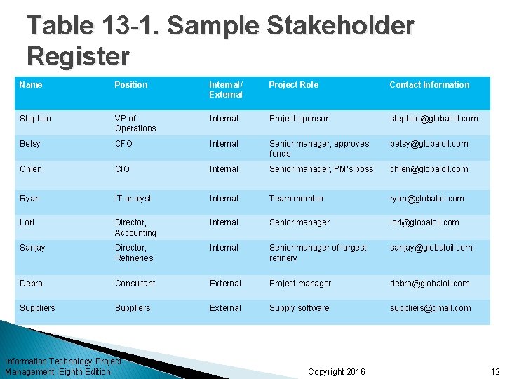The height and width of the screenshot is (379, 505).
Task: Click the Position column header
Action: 131,85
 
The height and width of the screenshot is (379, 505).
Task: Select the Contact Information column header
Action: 429,85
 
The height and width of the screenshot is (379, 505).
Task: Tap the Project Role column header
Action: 293,85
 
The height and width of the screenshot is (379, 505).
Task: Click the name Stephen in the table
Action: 35,119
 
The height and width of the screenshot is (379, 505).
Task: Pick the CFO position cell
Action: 124,144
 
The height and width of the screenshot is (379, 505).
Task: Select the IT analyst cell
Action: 133,199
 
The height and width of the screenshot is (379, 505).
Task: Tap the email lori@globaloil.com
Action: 424,222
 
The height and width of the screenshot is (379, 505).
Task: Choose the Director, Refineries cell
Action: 134,253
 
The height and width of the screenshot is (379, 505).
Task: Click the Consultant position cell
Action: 135,284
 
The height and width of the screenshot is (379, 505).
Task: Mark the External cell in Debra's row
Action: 225,284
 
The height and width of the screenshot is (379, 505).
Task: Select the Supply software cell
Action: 299,308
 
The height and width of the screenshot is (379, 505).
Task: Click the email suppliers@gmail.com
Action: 431,308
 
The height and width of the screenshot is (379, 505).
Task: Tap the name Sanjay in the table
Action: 33,248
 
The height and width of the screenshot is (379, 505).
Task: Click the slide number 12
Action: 495,371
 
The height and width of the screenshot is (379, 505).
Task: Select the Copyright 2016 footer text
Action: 336,371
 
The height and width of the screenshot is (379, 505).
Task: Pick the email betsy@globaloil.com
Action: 429,144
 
